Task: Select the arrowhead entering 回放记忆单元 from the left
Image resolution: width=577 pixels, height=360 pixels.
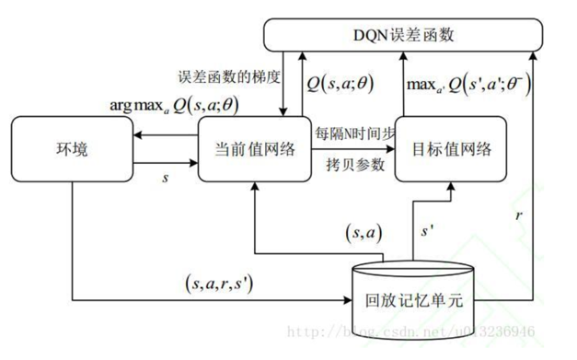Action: tap(348, 299)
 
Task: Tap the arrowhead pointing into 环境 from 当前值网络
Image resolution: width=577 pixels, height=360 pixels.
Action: tap(136, 134)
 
